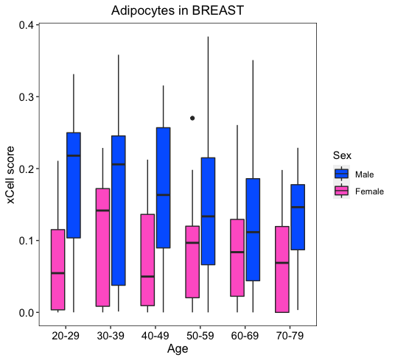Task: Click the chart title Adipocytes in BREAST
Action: click(178, 11)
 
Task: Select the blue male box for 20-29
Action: click(74, 186)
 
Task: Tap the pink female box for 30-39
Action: click(102, 247)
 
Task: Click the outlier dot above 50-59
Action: click(192, 118)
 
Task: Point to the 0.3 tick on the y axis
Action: click(38, 97)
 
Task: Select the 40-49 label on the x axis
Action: click(155, 336)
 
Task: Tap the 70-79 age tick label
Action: click(290, 336)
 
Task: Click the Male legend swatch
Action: click(342, 174)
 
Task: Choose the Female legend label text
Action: click(369, 191)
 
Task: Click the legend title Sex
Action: click(342, 155)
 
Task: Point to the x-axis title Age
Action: click(178, 349)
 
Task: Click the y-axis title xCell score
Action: click(10, 174)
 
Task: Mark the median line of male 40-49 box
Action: click(164, 194)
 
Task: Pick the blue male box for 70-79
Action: click(298, 217)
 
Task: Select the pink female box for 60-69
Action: click(237, 258)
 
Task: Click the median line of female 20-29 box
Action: click(58, 273)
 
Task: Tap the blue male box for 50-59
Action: click(208, 211)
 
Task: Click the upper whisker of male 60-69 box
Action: click(253, 119)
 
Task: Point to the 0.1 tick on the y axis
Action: click(38, 241)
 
